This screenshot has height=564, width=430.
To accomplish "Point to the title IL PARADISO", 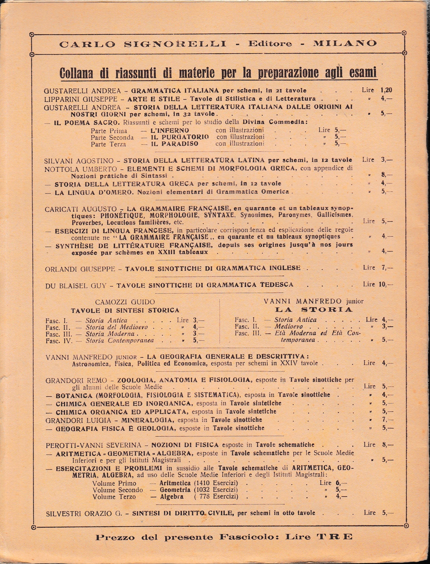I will pos(175,144).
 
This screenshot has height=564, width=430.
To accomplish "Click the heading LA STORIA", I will pos(314,310).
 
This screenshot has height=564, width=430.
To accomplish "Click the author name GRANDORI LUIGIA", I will pos(78,420).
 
